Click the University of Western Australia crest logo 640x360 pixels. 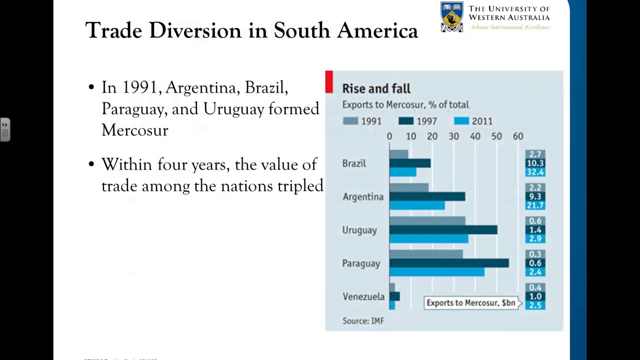pos(451,17)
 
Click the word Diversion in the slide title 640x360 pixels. pos(195,30)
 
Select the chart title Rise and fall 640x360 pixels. pos(376,89)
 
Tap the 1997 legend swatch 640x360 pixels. pos(405,121)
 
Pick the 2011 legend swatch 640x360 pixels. pos(461,121)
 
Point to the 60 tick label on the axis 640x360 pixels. pos(518,136)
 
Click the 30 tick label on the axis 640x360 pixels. pos(453,136)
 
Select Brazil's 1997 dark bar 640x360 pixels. pos(409,163)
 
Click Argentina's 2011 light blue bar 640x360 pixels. pos(417,205)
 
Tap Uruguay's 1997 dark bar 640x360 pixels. pos(443,229)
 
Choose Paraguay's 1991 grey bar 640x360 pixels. pos(426,254)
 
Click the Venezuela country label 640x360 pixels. pos(363,296)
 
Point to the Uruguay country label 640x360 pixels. pos(359,230)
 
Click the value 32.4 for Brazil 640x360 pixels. pos(535,172)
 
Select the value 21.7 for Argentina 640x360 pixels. pos(535,205)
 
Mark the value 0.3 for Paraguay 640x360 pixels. pos(535,254)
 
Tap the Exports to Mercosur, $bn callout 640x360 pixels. pos(471,303)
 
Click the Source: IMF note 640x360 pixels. pos(363,321)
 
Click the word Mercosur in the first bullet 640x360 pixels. pos(134,130)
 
